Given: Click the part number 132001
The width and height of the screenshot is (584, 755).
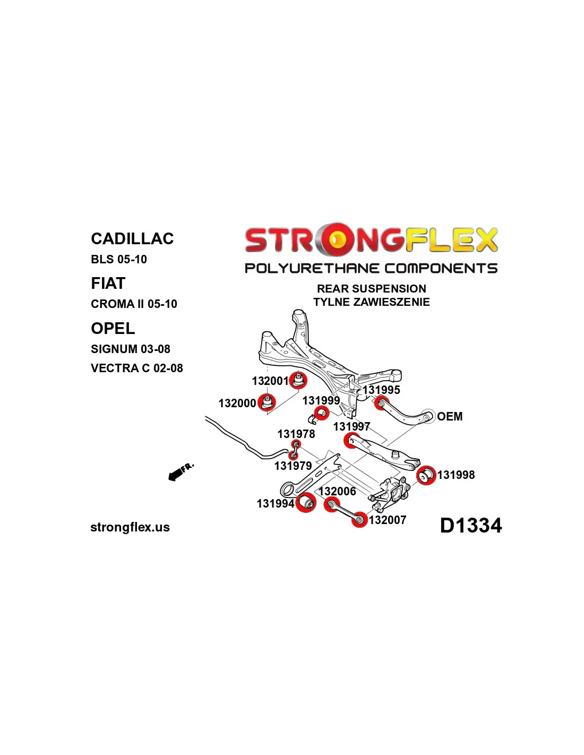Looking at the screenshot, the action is click(270, 381).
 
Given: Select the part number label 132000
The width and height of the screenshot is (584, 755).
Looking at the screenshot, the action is click(237, 403).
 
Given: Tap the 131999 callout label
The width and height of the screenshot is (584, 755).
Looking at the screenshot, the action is click(321, 400).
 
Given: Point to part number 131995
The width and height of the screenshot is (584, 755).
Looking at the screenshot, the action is click(382, 390).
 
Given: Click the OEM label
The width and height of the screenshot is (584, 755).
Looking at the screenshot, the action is click(450, 416).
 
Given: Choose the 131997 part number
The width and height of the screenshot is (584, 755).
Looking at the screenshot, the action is click(351, 426).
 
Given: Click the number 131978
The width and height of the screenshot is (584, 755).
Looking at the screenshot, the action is click(296, 434).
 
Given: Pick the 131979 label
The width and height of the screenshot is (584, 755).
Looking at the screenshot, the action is click(293, 466).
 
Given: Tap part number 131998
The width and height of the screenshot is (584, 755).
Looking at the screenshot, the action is click(456, 475).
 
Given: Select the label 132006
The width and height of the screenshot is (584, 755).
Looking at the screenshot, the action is click(337, 491).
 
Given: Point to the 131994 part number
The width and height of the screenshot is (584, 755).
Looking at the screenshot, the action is click(276, 503).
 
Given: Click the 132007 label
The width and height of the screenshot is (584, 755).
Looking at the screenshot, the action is click(388, 520).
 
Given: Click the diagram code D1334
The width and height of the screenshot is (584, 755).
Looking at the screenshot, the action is click(471, 525).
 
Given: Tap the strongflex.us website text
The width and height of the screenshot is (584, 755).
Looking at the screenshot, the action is click(130, 527).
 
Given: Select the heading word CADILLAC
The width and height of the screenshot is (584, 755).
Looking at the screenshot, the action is click(132, 239).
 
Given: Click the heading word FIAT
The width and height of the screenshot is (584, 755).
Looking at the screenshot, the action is click(108, 283).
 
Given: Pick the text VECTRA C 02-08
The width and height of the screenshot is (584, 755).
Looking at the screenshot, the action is click(136, 368).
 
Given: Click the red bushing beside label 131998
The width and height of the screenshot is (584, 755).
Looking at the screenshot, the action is click(426, 475).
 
